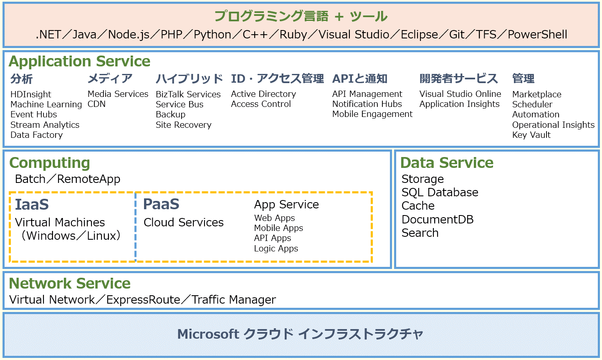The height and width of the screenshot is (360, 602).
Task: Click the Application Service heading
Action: (80, 62)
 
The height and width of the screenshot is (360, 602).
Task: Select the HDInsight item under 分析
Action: (30, 94)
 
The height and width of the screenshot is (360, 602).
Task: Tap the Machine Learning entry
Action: (46, 104)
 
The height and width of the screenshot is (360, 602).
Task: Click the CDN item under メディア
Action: (96, 104)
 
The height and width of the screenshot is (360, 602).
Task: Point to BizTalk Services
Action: (188, 94)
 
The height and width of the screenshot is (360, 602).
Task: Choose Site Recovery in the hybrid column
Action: (184, 125)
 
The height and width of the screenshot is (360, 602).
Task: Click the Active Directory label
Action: (263, 94)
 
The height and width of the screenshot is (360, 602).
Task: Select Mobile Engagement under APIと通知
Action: (372, 114)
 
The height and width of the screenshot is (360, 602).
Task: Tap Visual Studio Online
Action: (460, 94)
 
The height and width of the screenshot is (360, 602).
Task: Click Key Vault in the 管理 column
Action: (531, 135)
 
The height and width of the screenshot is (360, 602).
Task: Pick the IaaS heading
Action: (32, 204)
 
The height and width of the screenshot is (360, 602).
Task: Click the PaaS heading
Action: (161, 204)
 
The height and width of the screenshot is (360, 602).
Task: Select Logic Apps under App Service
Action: (276, 248)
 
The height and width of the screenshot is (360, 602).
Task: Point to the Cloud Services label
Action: (183, 222)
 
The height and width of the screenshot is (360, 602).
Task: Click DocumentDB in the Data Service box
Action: (437, 219)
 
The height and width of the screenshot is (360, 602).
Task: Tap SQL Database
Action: (440, 193)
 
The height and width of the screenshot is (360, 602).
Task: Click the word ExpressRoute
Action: (143, 300)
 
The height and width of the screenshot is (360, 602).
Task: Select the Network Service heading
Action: (70, 284)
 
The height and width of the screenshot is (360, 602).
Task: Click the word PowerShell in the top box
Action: (537, 34)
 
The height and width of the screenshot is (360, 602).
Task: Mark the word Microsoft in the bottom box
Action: (208, 334)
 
